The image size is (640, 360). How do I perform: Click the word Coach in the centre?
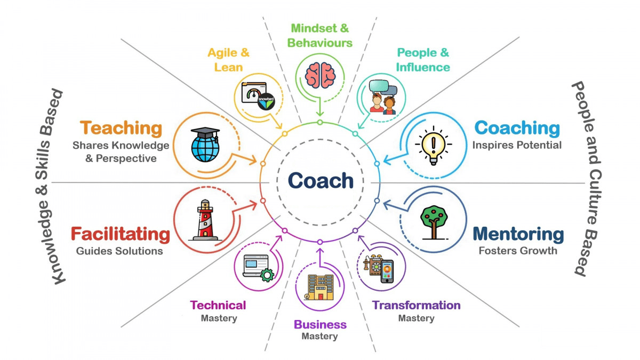point(321,181)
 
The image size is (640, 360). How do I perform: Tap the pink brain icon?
point(320,75)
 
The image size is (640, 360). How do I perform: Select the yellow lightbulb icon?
point(434,146)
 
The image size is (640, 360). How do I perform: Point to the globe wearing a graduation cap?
point(205,145)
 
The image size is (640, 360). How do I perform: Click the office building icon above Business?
point(320,287)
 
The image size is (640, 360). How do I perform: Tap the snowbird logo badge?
point(266,101)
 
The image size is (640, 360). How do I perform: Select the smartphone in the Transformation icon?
point(387,271)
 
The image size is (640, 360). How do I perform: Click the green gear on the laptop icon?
point(267,275)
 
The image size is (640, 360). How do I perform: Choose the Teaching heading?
point(121,128)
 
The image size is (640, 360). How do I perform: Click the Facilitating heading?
point(121,234)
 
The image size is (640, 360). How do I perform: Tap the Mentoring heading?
point(518,234)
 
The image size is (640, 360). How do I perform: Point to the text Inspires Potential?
point(517,145)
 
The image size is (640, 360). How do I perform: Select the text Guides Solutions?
point(119,251)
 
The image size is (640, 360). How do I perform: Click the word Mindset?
point(314,28)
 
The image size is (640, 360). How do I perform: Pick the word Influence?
point(423,67)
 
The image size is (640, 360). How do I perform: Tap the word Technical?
point(218,305)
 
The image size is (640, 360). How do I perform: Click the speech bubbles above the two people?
point(383,87)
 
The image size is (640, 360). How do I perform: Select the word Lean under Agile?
point(229,67)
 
